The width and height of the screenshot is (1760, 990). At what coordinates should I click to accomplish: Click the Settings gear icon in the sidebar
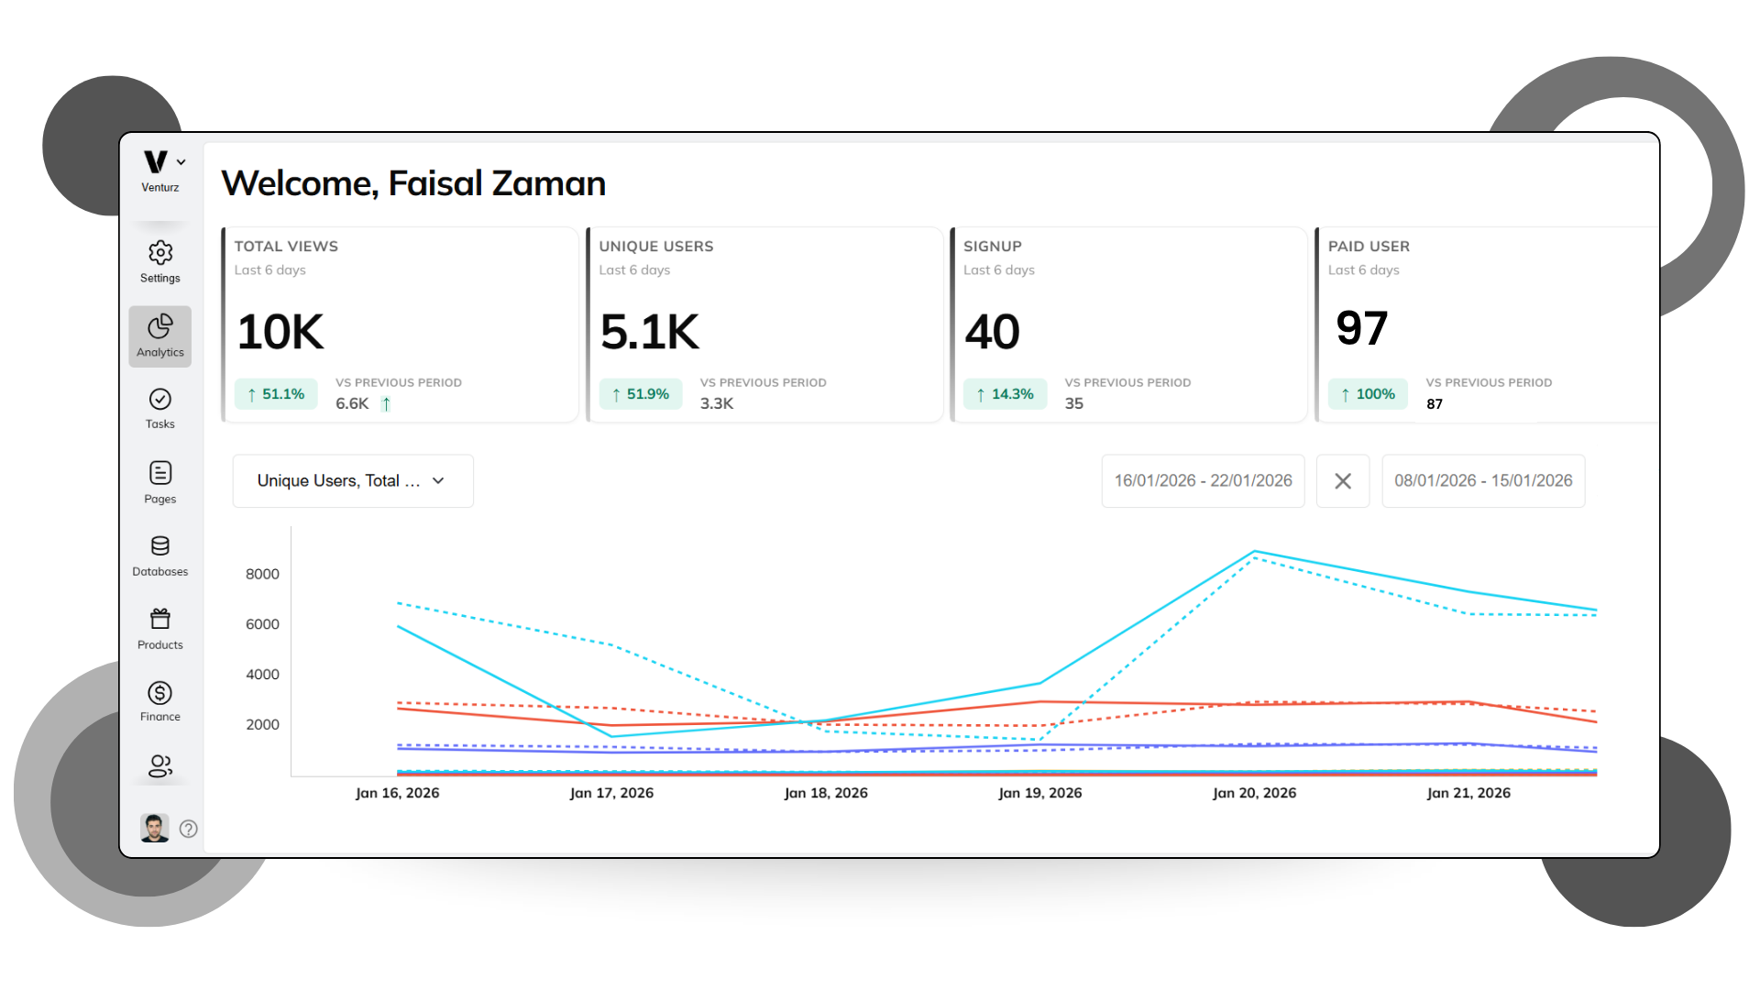pos(160,253)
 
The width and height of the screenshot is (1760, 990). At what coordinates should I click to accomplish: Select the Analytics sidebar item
pos(160,336)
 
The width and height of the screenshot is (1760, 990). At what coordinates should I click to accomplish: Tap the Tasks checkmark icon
pos(160,400)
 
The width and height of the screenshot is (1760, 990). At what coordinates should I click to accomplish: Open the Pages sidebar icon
pos(160,473)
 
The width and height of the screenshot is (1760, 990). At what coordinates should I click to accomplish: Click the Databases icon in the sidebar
pos(160,546)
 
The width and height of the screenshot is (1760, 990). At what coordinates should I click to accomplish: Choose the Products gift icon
pos(160,619)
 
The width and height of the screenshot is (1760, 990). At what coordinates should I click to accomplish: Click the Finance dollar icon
pos(160,693)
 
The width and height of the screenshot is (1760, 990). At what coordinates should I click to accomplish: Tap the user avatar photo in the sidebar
pos(154,828)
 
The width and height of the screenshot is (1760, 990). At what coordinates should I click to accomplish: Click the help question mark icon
pos(189,829)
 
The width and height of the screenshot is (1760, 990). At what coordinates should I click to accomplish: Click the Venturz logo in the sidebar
pos(156,162)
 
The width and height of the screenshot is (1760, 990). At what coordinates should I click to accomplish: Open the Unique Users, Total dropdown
pos(353,481)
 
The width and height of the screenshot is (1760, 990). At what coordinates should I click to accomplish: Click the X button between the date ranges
pos(1343,481)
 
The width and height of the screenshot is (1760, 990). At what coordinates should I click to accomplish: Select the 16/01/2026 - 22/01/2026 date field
pos(1203,481)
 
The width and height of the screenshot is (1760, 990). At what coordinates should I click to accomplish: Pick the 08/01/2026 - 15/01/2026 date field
pos(1483,481)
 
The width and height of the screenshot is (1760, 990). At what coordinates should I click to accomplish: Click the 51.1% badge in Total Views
pos(276,394)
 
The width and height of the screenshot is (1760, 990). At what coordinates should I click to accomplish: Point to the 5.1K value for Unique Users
pos(649,332)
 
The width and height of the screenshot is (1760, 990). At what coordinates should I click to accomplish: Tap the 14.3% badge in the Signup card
pos(1006,394)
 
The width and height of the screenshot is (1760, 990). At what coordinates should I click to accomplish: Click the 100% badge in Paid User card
pos(1368,394)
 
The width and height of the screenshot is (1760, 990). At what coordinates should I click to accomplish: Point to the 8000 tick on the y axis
pos(262,574)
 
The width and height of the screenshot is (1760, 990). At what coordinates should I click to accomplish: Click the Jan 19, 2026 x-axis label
pos(1040,793)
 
